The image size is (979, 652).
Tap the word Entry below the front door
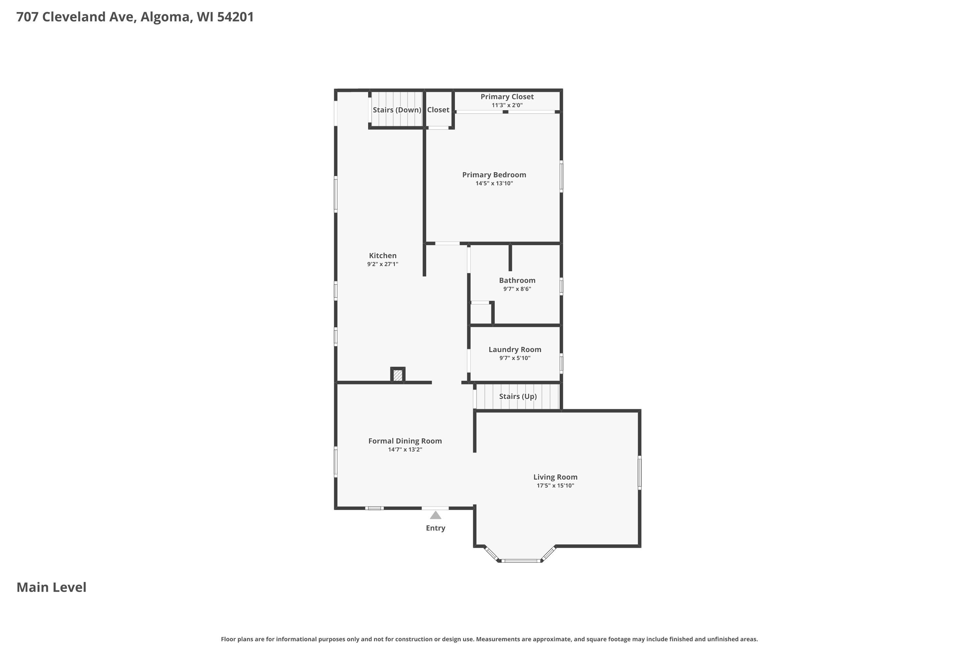coord(435,528)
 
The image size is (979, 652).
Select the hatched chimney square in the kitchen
coord(398,376)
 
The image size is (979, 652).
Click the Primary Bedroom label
coord(494,175)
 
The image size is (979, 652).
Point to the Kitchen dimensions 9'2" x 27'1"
coord(382,264)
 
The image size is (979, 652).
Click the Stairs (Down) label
coord(397,110)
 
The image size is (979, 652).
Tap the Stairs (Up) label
coord(518,396)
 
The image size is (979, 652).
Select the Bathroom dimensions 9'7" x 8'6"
coord(517,289)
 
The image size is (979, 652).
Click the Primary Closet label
coord(507,97)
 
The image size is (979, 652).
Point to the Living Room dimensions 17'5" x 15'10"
coord(555,486)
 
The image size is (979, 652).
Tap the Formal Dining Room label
coord(405,441)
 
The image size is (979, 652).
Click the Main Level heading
coord(51,587)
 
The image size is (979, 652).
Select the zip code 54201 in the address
coord(235,17)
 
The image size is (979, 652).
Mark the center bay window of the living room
coord(521,561)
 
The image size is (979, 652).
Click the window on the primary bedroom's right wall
coord(561,176)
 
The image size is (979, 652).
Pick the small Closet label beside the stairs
coord(438,110)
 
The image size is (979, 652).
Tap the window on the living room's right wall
coord(640,472)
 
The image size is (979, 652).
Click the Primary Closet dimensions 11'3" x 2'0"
coord(507,105)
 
